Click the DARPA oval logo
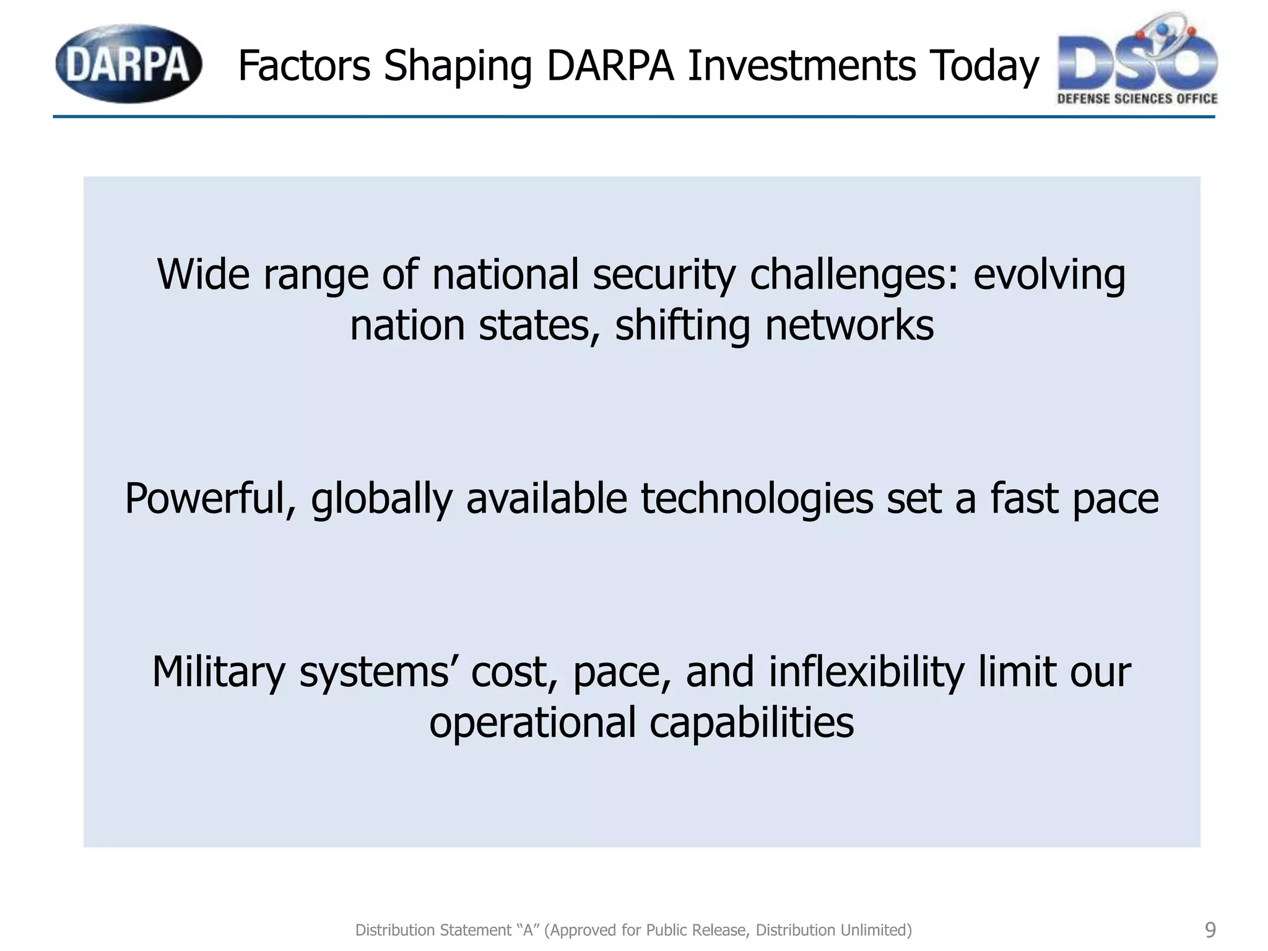click(x=128, y=64)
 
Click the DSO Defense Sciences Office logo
click(x=1137, y=60)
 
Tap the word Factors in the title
click(x=303, y=66)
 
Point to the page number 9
click(x=1210, y=929)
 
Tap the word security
click(x=664, y=275)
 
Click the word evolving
click(x=1049, y=275)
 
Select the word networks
click(x=849, y=326)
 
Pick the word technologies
click(x=757, y=499)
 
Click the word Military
click(x=219, y=672)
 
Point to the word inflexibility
click(x=866, y=672)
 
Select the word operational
click(x=532, y=723)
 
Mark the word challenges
click(x=854, y=275)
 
